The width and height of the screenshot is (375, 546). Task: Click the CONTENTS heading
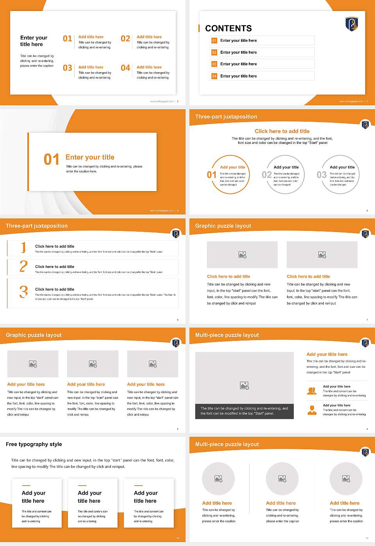tap(228, 28)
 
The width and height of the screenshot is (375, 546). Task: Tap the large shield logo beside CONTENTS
tap(352, 23)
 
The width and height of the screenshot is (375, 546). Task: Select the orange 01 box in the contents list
tap(214, 41)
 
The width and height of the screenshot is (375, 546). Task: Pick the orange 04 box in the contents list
tap(214, 76)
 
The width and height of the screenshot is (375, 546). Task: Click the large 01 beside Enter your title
tap(52, 160)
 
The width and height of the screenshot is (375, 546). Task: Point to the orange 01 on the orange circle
tap(211, 175)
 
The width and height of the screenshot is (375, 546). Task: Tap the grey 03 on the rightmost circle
tap(321, 175)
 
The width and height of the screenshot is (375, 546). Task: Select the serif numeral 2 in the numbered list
tap(23, 266)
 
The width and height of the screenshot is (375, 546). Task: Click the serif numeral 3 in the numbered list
tap(23, 292)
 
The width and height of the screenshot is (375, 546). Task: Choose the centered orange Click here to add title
tap(282, 131)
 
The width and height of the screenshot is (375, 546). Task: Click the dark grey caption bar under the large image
tap(244, 411)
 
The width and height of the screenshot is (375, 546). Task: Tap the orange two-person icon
tap(312, 391)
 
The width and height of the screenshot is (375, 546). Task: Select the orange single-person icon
tap(312, 410)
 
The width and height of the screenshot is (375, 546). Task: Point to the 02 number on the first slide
tap(125, 39)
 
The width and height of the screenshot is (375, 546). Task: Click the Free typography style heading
tap(34, 444)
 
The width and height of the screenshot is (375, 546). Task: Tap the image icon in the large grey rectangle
tap(244, 385)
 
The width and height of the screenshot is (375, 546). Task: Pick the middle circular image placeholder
tap(282, 479)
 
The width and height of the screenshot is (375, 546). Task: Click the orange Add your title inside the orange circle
tap(232, 167)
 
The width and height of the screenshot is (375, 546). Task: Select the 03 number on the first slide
tap(68, 68)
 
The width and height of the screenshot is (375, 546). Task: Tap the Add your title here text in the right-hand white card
tap(145, 497)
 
